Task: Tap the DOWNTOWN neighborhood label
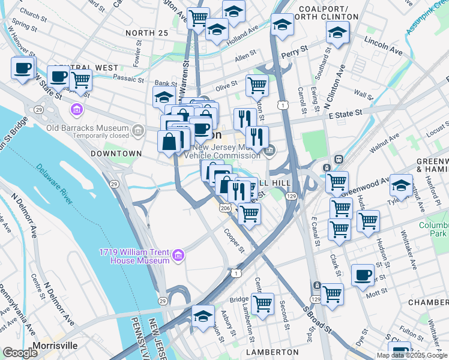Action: point(116,154)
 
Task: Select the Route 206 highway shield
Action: point(225,208)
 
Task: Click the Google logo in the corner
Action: point(20,353)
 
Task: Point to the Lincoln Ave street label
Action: point(382,47)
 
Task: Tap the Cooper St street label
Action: point(234,240)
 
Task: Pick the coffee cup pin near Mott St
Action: point(362,275)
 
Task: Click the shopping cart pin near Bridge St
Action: point(262,304)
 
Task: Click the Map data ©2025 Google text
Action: point(412,355)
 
